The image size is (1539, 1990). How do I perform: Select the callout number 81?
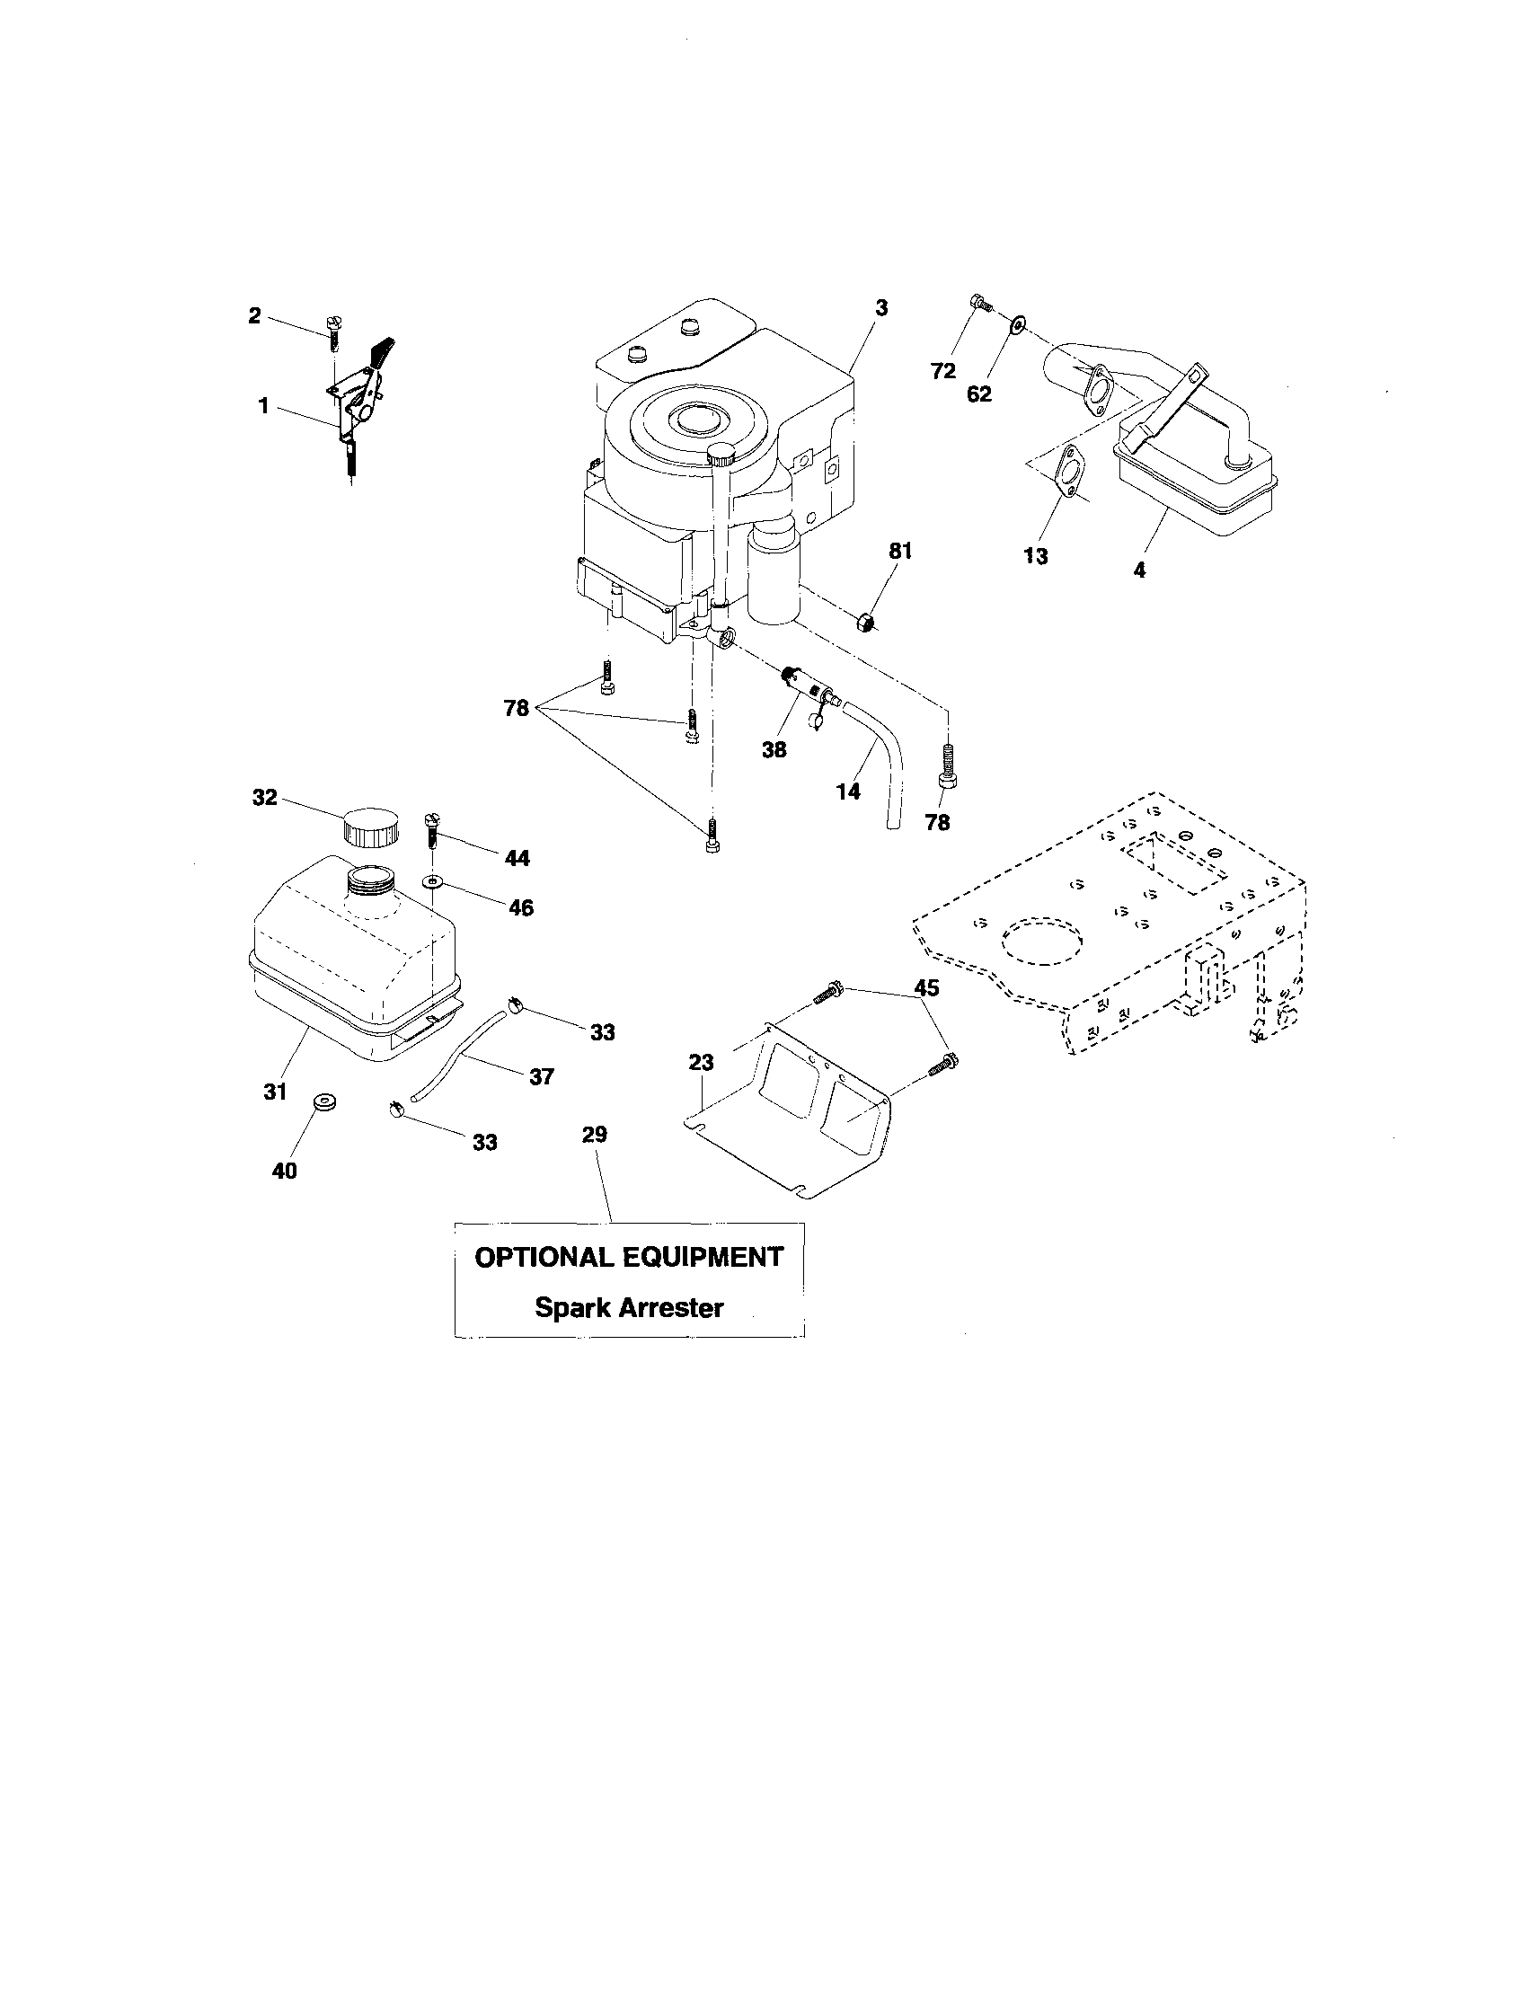pyautogui.click(x=899, y=551)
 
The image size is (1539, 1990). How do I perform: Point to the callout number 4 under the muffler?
pyautogui.click(x=1138, y=570)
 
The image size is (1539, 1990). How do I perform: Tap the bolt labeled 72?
pyautogui.click(x=980, y=303)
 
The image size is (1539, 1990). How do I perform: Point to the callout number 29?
pyautogui.click(x=595, y=1134)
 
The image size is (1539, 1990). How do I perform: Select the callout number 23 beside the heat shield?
pyautogui.click(x=702, y=1062)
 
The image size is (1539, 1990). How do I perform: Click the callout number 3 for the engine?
pyautogui.click(x=880, y=308)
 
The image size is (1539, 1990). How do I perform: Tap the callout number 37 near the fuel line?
pyautogui.click(x=541, y=1076)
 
